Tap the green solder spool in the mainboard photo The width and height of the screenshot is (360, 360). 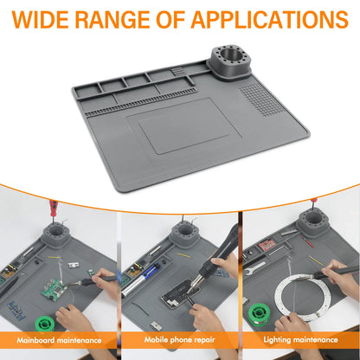point(19,312)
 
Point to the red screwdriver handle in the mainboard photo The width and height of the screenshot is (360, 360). point(53,209)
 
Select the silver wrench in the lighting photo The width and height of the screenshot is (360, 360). point(260,270)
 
